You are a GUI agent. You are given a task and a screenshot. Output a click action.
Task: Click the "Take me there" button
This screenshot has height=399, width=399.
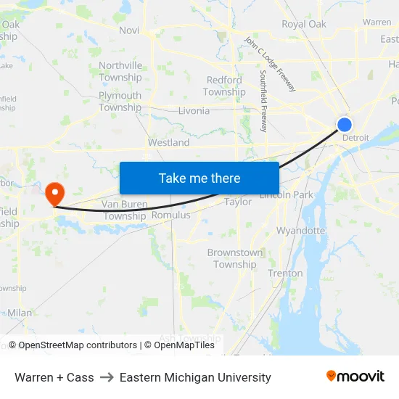pos(199,178)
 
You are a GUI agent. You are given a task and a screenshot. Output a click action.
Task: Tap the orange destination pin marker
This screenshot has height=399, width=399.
pos(54,193)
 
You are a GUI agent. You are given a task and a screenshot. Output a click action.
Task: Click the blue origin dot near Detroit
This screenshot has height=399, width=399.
pos(345,125)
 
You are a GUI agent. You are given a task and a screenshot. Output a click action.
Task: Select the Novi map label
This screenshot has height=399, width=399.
pos(129,30)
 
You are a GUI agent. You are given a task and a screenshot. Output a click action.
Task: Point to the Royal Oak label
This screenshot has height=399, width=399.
pos(304,24)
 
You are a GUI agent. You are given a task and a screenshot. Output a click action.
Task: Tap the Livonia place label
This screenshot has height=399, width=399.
pos(194,111)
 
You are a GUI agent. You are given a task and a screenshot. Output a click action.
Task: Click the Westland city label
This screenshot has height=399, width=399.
pos(168,143)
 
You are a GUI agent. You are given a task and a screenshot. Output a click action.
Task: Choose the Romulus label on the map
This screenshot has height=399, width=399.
pos(170,215)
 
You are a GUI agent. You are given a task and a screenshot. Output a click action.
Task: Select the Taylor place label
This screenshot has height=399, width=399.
pos(238,202)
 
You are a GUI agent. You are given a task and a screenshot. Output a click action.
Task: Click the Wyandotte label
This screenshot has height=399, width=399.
pos(300,231)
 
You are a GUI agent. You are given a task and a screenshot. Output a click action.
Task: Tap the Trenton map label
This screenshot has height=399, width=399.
pos(285,273)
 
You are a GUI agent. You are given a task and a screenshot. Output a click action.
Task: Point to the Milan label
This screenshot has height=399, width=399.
pos(20,313)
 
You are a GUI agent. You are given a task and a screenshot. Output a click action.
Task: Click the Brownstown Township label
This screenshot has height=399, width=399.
pos(234,258)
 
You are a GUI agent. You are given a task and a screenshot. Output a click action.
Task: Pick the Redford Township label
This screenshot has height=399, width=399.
pos(224,86)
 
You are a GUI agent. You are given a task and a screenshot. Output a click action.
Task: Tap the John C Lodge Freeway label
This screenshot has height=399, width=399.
pos(270,64)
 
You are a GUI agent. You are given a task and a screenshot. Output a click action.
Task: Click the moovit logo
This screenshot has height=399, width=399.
pos(355,377)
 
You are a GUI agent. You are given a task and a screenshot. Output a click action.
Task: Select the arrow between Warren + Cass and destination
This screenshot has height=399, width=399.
pos(107,377)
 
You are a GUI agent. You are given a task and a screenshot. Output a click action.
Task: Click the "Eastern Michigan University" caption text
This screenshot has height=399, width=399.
pos(195,377)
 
